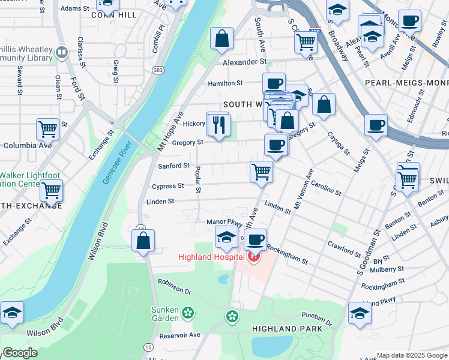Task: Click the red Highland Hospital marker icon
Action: click(x=253, y=257)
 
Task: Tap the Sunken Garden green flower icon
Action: click(x=188, y=313)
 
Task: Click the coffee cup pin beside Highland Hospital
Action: click(x=256, y=240)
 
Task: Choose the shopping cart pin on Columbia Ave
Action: click(x=47, y=128)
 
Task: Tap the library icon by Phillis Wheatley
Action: click(x=61, y=52)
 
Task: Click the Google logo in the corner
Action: click(x=19, y=353)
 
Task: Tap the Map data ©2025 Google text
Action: click(x=411, y=355)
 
